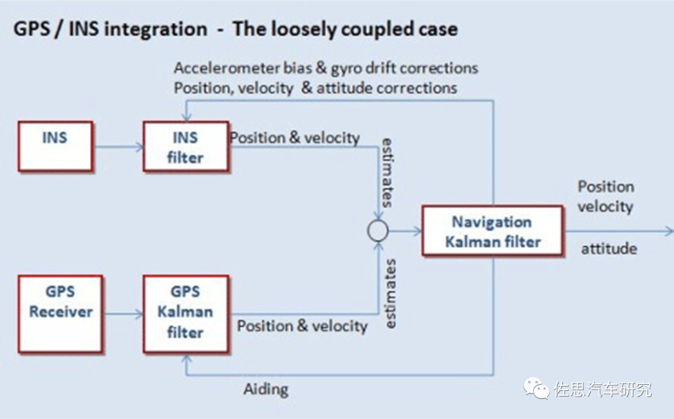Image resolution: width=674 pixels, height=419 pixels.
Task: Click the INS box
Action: point(56,146)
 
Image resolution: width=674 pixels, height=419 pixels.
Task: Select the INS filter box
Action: point(185,146)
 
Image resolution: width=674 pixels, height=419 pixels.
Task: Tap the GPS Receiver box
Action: point(61,313)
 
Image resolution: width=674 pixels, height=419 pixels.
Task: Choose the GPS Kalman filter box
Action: point(185,313)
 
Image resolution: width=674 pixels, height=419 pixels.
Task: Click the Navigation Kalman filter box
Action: point(492,231)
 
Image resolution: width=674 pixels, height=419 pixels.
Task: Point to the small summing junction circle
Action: point(378,231)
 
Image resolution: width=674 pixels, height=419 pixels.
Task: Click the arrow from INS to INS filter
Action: point(118,148)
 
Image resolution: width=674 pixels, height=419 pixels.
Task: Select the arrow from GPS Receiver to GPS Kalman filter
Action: point(123,314)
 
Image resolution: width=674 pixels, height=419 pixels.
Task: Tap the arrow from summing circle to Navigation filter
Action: point(405,231)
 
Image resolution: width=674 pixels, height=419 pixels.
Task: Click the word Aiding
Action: point(266,389)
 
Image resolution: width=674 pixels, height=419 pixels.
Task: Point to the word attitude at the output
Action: point(609,249)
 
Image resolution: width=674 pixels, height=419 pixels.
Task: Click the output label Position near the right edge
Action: point(605,187)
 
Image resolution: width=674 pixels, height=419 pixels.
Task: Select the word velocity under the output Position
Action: point(605,207)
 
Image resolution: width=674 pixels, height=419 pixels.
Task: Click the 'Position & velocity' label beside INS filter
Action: point(295,138)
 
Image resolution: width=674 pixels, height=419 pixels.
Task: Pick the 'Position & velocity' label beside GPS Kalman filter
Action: point(302,326)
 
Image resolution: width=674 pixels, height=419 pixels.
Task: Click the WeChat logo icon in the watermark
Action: point(537,388)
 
